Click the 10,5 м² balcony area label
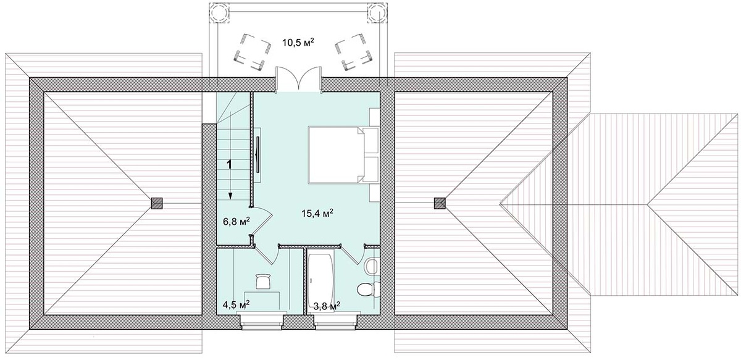[x=298, y=43]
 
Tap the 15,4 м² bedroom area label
[x=317, y=213]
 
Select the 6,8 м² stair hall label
[x=236, y=221]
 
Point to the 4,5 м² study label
[x=236, y=305]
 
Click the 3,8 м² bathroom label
[x=327, y=306]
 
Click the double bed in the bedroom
[x=336, y=155]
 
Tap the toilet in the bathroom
[x=368, y=290]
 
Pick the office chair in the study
[x=263, y=280]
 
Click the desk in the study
[x=262, y=301]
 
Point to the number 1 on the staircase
[x=229, y=164]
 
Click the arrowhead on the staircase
[x=230, y=196]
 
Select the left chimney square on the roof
[x=157, y=203]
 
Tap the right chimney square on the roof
[x=440, y=203]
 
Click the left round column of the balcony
[x=219, y=12]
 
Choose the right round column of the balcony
[x=377, y=12]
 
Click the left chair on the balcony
[x=252, y=52]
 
